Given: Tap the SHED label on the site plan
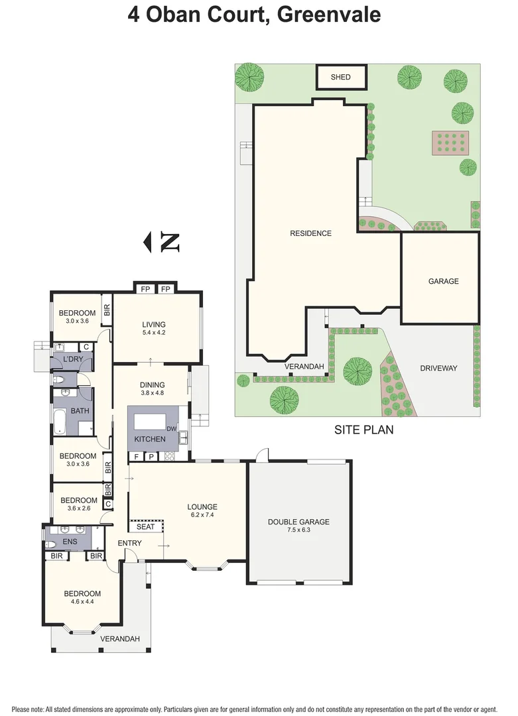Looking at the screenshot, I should tap(340, 77).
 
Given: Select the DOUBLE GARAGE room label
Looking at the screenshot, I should tap(298, 522).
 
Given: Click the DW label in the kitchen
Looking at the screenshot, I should tap(171, 429).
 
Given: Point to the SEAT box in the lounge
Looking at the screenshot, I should tap(145, 527).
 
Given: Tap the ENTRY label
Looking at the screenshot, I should tap(129, 544).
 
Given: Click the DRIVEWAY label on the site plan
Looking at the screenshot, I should tap(438, 368).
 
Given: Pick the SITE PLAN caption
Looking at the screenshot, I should tap(363, 430).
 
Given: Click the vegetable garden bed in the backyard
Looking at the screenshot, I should tap(451, 142).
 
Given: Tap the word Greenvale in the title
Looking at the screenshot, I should tap(328, 15).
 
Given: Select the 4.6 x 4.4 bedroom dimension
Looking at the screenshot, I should tap(82, 603).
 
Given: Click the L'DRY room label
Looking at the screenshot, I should tap(72, 359).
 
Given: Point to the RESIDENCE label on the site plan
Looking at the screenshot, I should tap(310, 233).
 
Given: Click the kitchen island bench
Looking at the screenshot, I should tap(151, 422).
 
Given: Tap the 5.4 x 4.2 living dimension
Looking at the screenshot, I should tap(153, 333).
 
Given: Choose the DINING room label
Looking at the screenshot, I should tap(152, 385).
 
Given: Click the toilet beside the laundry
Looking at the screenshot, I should tap(59, 380).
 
